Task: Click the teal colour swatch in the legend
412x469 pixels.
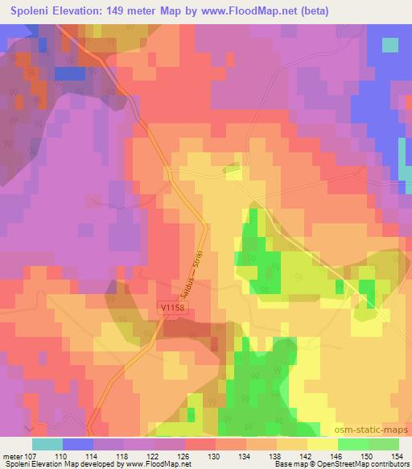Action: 47,443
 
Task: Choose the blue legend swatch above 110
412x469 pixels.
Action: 78,443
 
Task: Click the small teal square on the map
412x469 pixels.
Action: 390,45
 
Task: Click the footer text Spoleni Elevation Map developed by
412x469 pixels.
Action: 60,464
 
